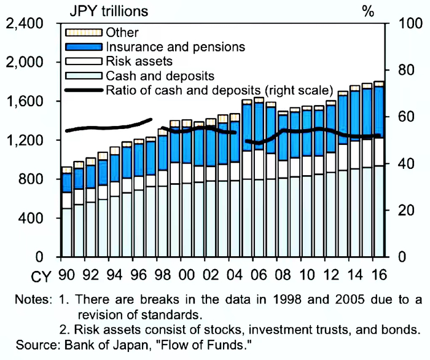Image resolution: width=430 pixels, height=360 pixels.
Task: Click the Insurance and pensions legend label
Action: click(175, 47)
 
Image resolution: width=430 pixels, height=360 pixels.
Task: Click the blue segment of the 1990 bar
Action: click(66, 182)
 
